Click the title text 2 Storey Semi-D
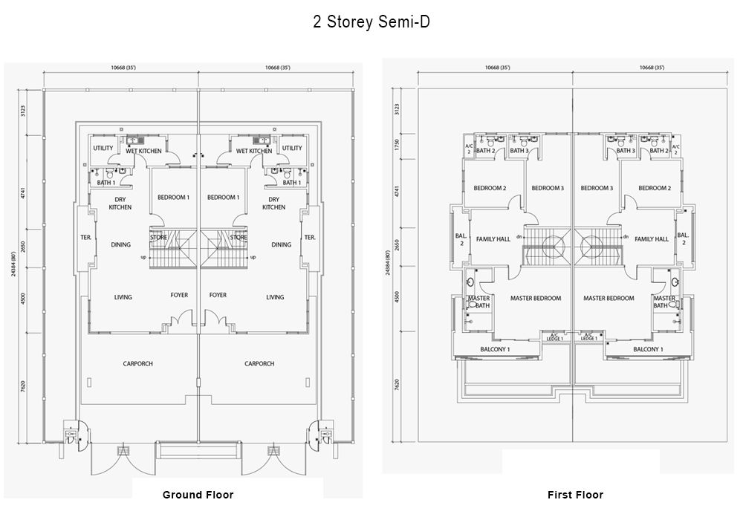tap(371, 22)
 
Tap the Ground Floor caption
tap(198, 495)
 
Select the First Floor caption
tap(575, 495)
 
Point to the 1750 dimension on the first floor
tap(398, 145)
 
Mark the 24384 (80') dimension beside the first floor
tap(387, 264)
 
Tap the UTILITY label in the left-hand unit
tap(103, 148)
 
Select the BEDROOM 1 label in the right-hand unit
tap(224, 198)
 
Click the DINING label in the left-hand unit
tap(121, 244)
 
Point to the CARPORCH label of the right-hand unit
tap(259, 364)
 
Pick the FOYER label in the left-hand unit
tap(179, 295)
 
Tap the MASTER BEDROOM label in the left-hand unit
tap(536, 299)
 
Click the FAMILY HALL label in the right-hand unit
tap(652, 239)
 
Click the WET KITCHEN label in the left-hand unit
tap(143, 152)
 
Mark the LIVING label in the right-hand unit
tap(275, 297)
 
